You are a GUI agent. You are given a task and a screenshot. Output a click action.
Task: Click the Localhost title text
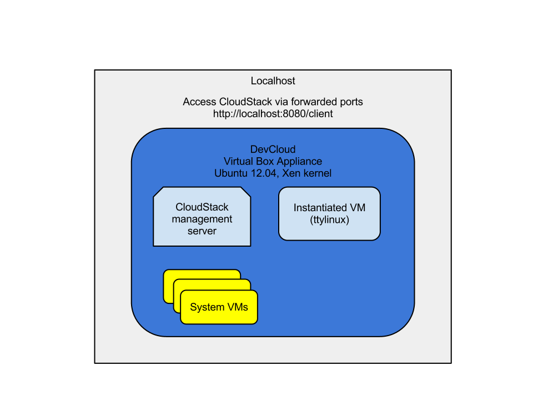coord(273,81)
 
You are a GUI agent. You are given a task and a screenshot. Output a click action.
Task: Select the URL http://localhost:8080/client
coord(273,113)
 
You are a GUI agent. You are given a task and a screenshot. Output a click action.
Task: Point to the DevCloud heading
coord(273,149)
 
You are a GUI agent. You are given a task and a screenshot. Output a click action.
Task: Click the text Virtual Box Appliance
coord(273,161)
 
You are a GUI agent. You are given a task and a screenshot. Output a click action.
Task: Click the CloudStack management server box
coord(202,217)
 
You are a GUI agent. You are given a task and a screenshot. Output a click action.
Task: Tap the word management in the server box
coord(202,219)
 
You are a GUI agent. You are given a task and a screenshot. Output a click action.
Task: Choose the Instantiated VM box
coord(329,214)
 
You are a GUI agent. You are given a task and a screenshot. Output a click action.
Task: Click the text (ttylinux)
coord(329,220)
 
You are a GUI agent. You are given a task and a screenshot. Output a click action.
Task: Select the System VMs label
coord(219,307)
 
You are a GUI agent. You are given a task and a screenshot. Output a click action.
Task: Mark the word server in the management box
coord(202,231)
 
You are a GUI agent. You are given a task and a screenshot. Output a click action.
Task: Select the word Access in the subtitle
coord(199,102)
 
